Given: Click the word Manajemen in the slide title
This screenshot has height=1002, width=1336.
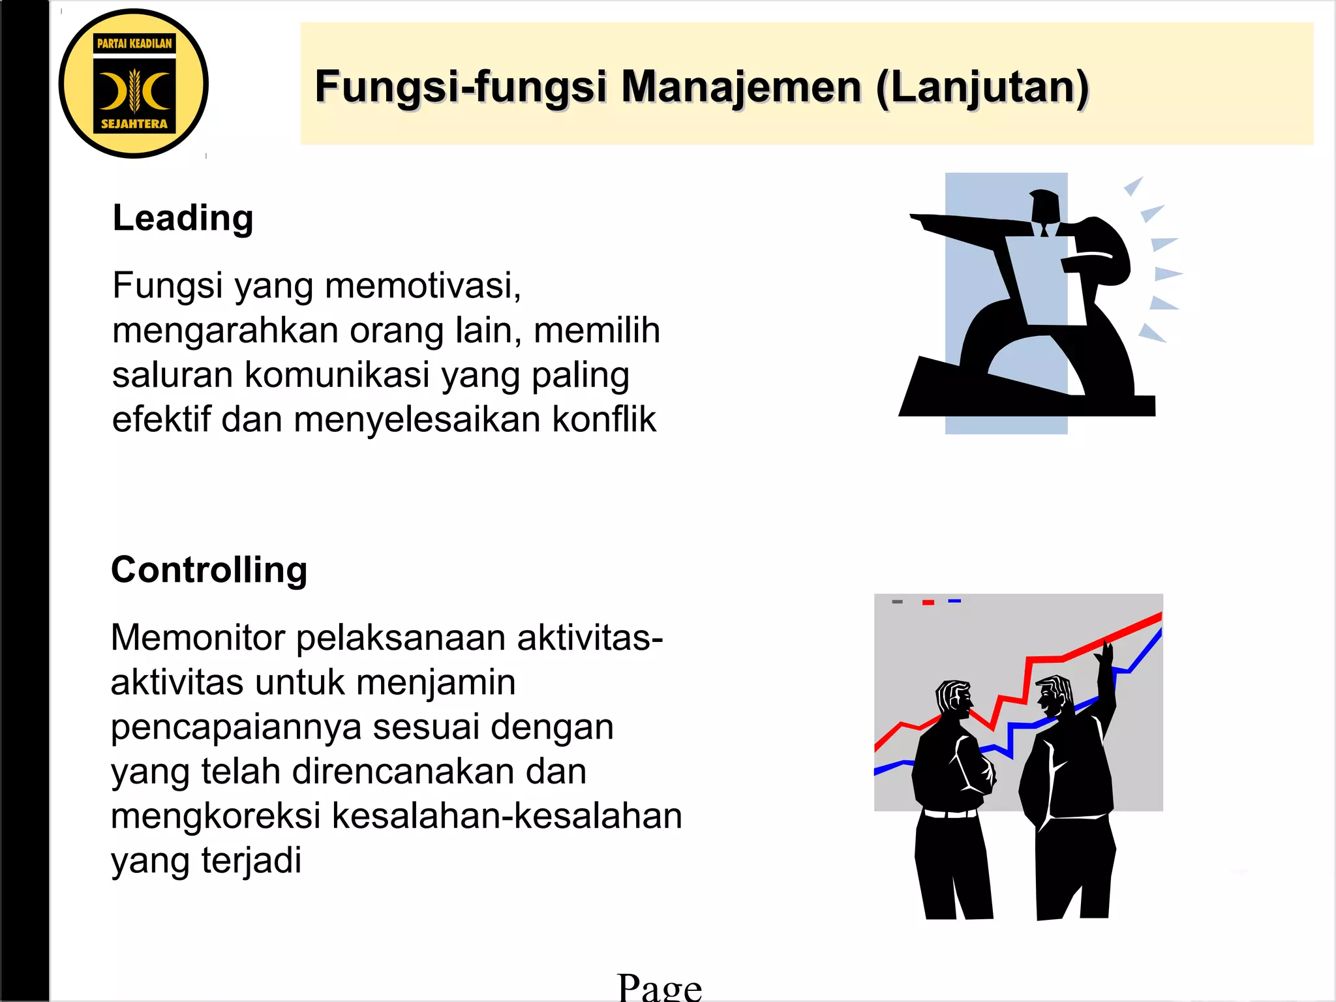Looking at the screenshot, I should coord(741,87).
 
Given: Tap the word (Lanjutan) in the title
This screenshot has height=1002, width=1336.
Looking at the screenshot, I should coord(982,88).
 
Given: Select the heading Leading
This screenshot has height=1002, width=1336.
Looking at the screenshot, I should coord(183,218).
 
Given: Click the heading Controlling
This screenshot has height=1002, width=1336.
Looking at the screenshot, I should coord(209,569).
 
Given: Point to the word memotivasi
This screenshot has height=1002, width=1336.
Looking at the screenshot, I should coord(423,286).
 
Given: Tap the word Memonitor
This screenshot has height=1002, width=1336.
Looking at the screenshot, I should coord(198,637).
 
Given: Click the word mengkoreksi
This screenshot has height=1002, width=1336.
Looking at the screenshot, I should coord(216,816).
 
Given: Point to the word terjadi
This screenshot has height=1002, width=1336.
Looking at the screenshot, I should coord(251,860).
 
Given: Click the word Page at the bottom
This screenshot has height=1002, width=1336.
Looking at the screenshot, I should coord(660,986).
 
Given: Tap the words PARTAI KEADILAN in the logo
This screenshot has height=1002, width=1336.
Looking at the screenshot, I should coord(134,44).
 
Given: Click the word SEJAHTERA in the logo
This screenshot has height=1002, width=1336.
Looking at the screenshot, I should coord(134,124).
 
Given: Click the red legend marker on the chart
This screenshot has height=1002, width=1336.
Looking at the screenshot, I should coord(928,602).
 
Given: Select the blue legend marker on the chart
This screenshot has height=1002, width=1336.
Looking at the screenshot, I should coord(954,601).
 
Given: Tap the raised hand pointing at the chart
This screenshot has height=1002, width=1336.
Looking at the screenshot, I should coord(1106,652).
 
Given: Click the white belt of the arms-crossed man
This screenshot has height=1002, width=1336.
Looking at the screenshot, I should coord(951,813).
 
